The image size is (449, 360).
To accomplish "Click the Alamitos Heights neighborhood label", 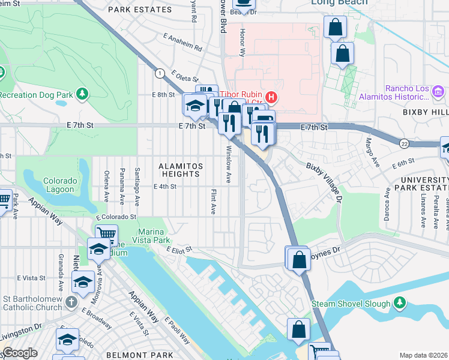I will click(180, 170).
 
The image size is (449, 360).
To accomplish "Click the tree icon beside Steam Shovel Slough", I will click(399, 304).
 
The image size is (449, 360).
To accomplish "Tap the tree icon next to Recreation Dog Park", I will click(82, 95).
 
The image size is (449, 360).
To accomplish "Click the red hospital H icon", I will click(272, 96).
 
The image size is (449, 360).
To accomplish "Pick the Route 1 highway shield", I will click(160, 73).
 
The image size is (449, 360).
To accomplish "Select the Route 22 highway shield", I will click(404, 143).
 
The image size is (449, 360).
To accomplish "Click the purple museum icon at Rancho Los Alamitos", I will click(438, 91).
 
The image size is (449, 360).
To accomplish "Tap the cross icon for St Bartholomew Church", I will click(71, 301).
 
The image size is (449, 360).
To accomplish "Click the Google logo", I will click(20, 353).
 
